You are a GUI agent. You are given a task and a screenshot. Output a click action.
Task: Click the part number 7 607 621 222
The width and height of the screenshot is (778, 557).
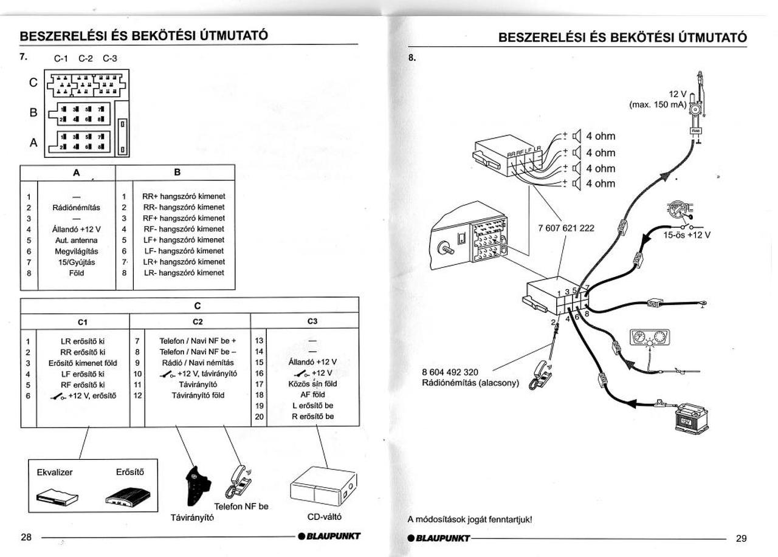566,228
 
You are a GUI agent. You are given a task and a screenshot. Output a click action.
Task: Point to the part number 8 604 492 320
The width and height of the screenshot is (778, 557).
450,372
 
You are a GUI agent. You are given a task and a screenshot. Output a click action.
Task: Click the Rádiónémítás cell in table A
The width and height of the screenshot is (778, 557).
77,207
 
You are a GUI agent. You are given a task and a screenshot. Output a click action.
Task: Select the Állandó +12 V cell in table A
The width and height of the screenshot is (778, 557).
77,229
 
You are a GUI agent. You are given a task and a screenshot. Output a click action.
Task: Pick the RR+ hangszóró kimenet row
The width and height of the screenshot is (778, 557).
183,196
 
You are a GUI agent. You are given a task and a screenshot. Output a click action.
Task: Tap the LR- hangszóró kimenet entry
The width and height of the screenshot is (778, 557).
184,273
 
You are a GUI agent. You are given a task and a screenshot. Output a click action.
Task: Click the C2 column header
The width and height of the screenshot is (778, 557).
198,321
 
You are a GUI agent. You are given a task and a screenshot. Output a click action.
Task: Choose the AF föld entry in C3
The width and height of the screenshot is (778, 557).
312,395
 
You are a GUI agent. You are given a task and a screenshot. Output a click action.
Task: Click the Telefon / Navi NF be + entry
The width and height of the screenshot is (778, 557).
198,341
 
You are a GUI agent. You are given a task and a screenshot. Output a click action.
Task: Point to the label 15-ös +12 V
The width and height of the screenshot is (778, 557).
686,234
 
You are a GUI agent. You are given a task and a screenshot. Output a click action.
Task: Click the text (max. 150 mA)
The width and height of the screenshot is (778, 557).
657,104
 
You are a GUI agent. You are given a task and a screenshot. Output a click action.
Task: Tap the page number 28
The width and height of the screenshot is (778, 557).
26,537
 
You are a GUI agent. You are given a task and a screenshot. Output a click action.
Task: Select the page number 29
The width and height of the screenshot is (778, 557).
741,538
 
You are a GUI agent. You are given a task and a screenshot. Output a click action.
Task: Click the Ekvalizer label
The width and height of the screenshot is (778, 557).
55,472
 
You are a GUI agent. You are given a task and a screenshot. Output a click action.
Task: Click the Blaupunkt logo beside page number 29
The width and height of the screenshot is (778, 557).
438,538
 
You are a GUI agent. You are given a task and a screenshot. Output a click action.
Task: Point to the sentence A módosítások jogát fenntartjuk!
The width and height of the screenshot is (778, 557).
470,519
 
